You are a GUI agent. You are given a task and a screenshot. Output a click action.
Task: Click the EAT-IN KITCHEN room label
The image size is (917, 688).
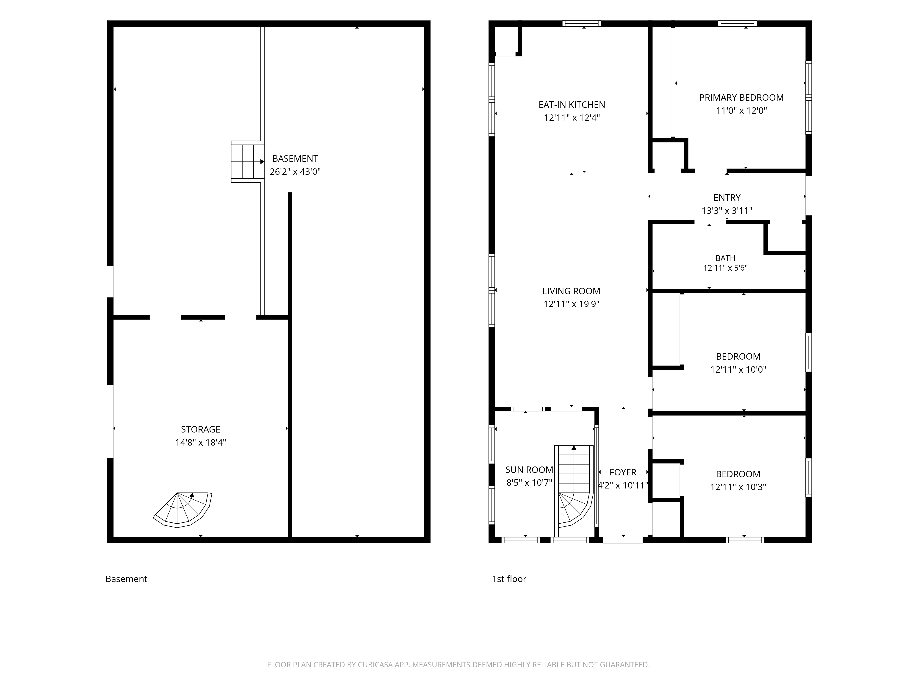point(572,105)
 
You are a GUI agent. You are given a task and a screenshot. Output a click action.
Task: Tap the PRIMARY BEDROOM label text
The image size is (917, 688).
point(741,97)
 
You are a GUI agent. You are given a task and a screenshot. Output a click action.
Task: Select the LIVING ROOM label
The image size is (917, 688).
point(571,291)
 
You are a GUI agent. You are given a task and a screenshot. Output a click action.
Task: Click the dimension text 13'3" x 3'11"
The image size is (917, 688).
point(727,211)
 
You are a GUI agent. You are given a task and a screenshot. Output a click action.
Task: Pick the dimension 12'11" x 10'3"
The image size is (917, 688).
point(738,487)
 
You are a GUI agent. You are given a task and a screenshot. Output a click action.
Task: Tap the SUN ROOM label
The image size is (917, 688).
point(529,470)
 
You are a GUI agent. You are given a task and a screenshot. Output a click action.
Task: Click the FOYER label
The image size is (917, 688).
point(623,472)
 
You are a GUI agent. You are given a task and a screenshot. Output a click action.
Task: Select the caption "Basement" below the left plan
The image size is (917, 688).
point(127,579)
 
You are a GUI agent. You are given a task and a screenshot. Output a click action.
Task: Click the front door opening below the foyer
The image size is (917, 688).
point(623,540)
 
